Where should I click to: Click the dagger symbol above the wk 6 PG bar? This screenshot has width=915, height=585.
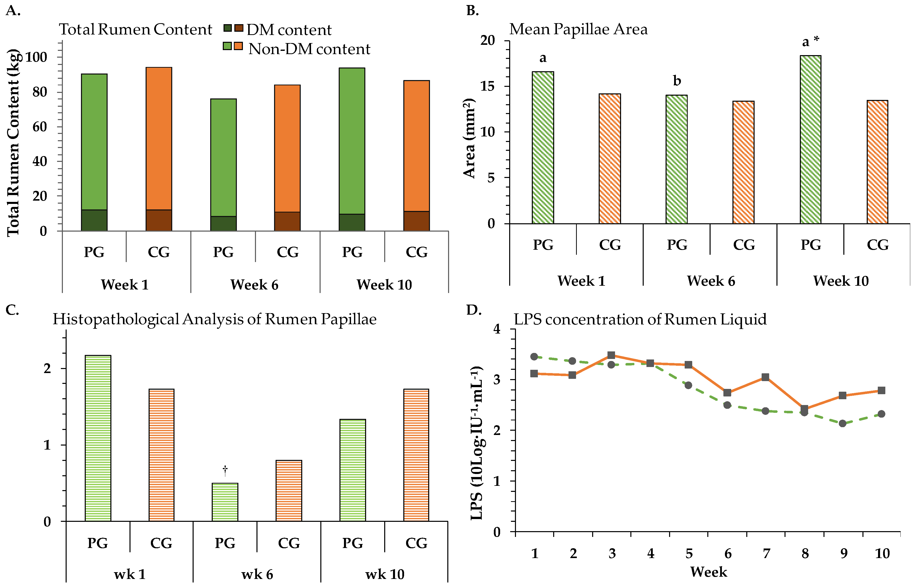click(x=225, y=470)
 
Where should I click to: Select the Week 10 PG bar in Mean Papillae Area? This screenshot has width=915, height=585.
click(x=810, y=140)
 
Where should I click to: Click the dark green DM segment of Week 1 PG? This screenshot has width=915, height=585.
click(x=94, y=220)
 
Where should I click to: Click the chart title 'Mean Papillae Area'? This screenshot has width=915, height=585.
click(x=578, y=29)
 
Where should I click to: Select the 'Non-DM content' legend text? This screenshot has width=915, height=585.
click(x=309, y=49)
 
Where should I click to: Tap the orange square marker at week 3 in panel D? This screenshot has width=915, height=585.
click(x=612, y=355)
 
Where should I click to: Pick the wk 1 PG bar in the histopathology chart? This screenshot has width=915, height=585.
click(x=98, y=438)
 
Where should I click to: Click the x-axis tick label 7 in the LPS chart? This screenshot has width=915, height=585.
click(x=766, y=554)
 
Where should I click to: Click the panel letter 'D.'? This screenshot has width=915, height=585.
click(x=474, y=310)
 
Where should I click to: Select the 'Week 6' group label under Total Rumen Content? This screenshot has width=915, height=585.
click(x=254, y=284)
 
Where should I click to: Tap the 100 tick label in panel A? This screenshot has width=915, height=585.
click(x=36, y=57)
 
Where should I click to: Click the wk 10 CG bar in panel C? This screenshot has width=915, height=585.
click(x=416, y=455)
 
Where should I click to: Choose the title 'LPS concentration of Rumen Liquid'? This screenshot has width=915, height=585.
click(x=640, y=319)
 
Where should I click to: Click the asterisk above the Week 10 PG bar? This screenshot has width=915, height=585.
click(x=816, y=39)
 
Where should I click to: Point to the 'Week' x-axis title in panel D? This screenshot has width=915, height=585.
click(x=709, y=572)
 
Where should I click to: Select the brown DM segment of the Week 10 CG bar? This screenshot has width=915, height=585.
click(x=416, y=221)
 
